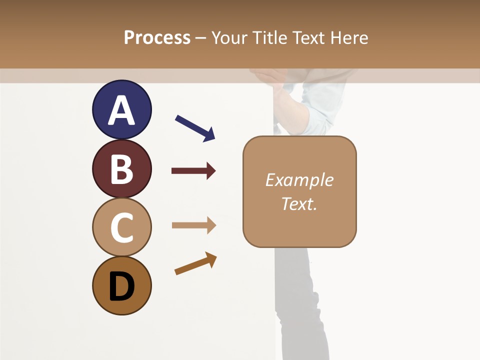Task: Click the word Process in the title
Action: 157,37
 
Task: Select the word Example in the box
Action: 299,180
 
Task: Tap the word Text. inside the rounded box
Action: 299,204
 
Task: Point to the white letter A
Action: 121,111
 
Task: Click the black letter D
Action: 121,287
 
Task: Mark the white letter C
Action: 121,228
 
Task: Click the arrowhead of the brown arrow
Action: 211,258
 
